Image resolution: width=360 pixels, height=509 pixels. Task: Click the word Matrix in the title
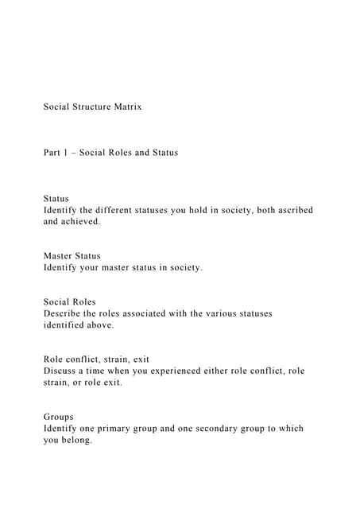pyautogui.click(x=126, y=107)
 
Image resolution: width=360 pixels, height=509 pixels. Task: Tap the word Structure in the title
pyautogui.click(x=90, y=107)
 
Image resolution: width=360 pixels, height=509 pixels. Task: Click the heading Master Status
pyautogui.click(x=72, y=256)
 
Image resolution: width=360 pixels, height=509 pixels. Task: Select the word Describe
pyautogui.click(x=62, y=313)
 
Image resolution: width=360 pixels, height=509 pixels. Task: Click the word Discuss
pyautogui.click(x=60, y=371)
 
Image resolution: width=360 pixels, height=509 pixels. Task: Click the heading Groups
pyautogui.click(x=58, y=417)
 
